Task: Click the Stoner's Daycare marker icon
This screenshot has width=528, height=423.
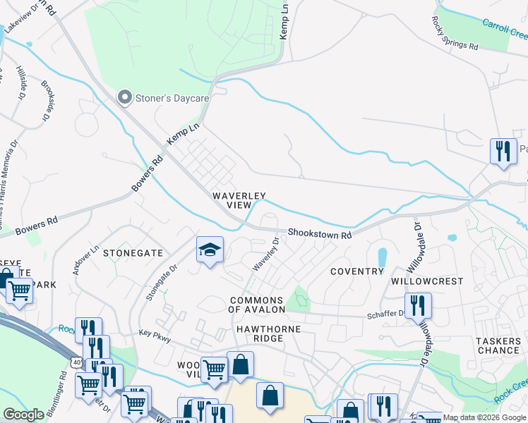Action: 126,98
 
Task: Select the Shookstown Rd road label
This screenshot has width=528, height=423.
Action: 319,234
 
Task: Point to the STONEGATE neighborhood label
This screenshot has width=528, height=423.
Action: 133,252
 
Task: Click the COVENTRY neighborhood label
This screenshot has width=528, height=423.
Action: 356,271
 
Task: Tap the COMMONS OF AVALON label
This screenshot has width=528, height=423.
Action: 256,305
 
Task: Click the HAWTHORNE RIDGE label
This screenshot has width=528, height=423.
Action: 268,333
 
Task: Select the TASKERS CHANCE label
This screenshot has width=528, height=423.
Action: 498,345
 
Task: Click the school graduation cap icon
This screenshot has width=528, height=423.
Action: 210,250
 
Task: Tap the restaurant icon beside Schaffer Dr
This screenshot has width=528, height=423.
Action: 418,305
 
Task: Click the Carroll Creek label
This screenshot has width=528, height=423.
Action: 505,29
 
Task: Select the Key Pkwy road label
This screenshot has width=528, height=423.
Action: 155,338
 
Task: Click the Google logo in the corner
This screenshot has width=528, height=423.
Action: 23,415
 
